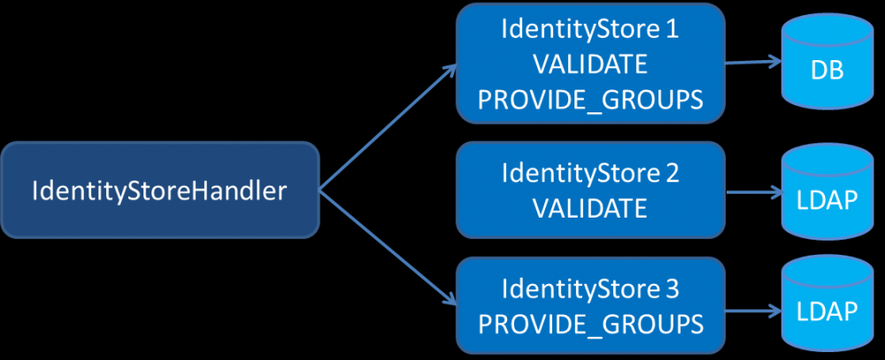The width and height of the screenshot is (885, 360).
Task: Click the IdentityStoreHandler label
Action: coord(159,190)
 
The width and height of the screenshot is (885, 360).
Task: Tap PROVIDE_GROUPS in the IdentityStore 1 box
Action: coord(590,100)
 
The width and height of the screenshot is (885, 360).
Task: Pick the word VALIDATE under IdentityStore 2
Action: coord(590,209)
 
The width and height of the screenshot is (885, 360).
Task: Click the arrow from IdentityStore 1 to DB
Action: coord(752,63)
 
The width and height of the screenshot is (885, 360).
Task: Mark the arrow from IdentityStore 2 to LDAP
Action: coord(752,190)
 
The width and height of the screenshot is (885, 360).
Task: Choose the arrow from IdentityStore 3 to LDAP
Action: coord(752,311)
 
